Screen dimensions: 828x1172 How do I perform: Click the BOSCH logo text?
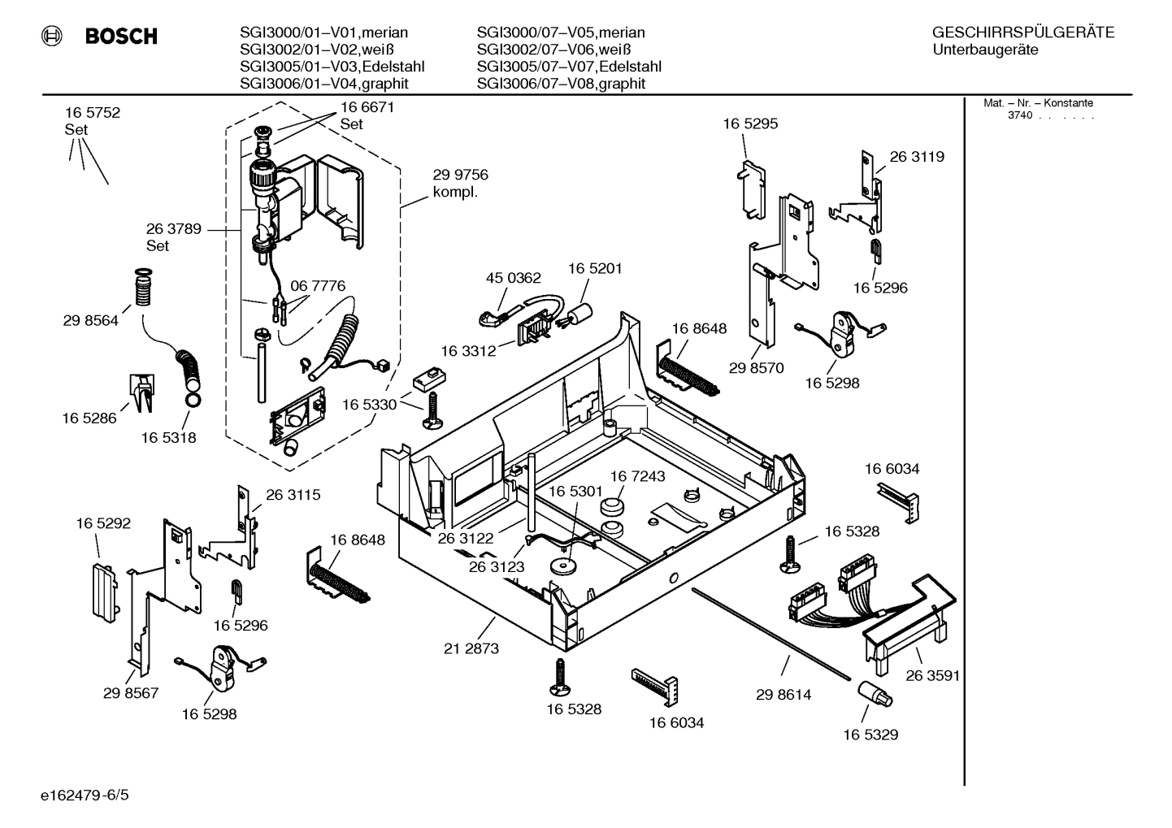coord(121,37)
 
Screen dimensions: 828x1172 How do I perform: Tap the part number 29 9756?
coord(460,175)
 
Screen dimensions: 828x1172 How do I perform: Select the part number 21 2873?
coord(471,648)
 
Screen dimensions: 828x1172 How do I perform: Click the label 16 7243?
coord(637,476)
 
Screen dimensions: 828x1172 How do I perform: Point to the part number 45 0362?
coord(513,278)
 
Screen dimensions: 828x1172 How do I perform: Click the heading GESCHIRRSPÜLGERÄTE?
coord(1022,33)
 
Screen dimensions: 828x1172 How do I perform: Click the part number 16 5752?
coord(93,113)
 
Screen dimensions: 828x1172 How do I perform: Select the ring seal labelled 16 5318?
coord(193,401)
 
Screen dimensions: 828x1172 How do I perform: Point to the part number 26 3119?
coord(917,157)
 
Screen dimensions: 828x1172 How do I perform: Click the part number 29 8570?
coord(756,368)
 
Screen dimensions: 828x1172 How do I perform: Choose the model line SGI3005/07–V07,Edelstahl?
coord(569,67)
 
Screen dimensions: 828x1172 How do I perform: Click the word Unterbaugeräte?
coord(985,50)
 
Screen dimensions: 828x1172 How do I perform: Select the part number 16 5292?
coord(103,524)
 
